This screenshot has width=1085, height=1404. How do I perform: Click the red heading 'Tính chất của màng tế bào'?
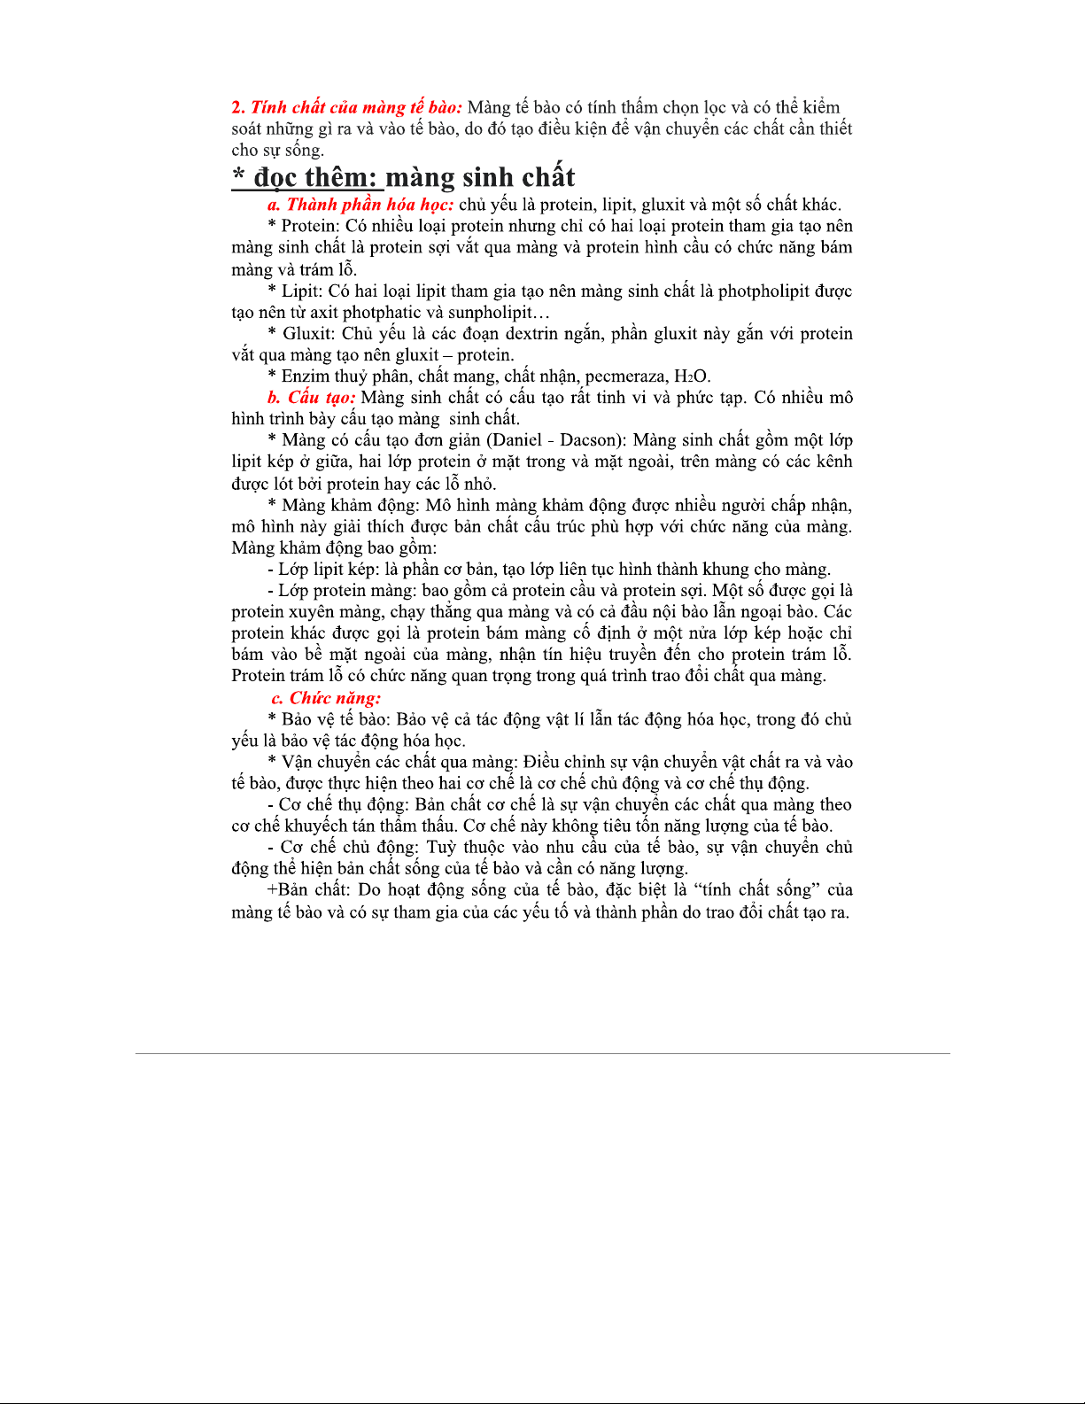[356, 108]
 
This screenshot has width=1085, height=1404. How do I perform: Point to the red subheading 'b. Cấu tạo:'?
[312, 398]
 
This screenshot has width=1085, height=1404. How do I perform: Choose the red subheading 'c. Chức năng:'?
[326, 698]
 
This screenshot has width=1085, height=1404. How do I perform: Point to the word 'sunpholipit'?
[491, 313]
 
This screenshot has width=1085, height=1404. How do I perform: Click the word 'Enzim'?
[306, 376]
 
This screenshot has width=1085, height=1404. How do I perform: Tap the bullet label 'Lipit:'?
[303, 291]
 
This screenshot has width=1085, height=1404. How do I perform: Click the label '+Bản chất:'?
[307, 890]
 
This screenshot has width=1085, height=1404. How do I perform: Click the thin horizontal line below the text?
[542, 1053]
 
